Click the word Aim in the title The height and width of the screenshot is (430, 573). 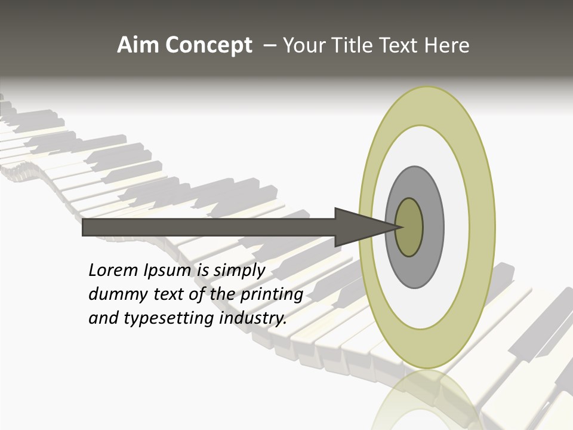(x=138, y=45)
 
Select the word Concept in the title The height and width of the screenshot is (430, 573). (x=208, y=46)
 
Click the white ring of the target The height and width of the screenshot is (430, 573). (x=454, y=227)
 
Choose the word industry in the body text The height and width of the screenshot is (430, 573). (x=253, y=318)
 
